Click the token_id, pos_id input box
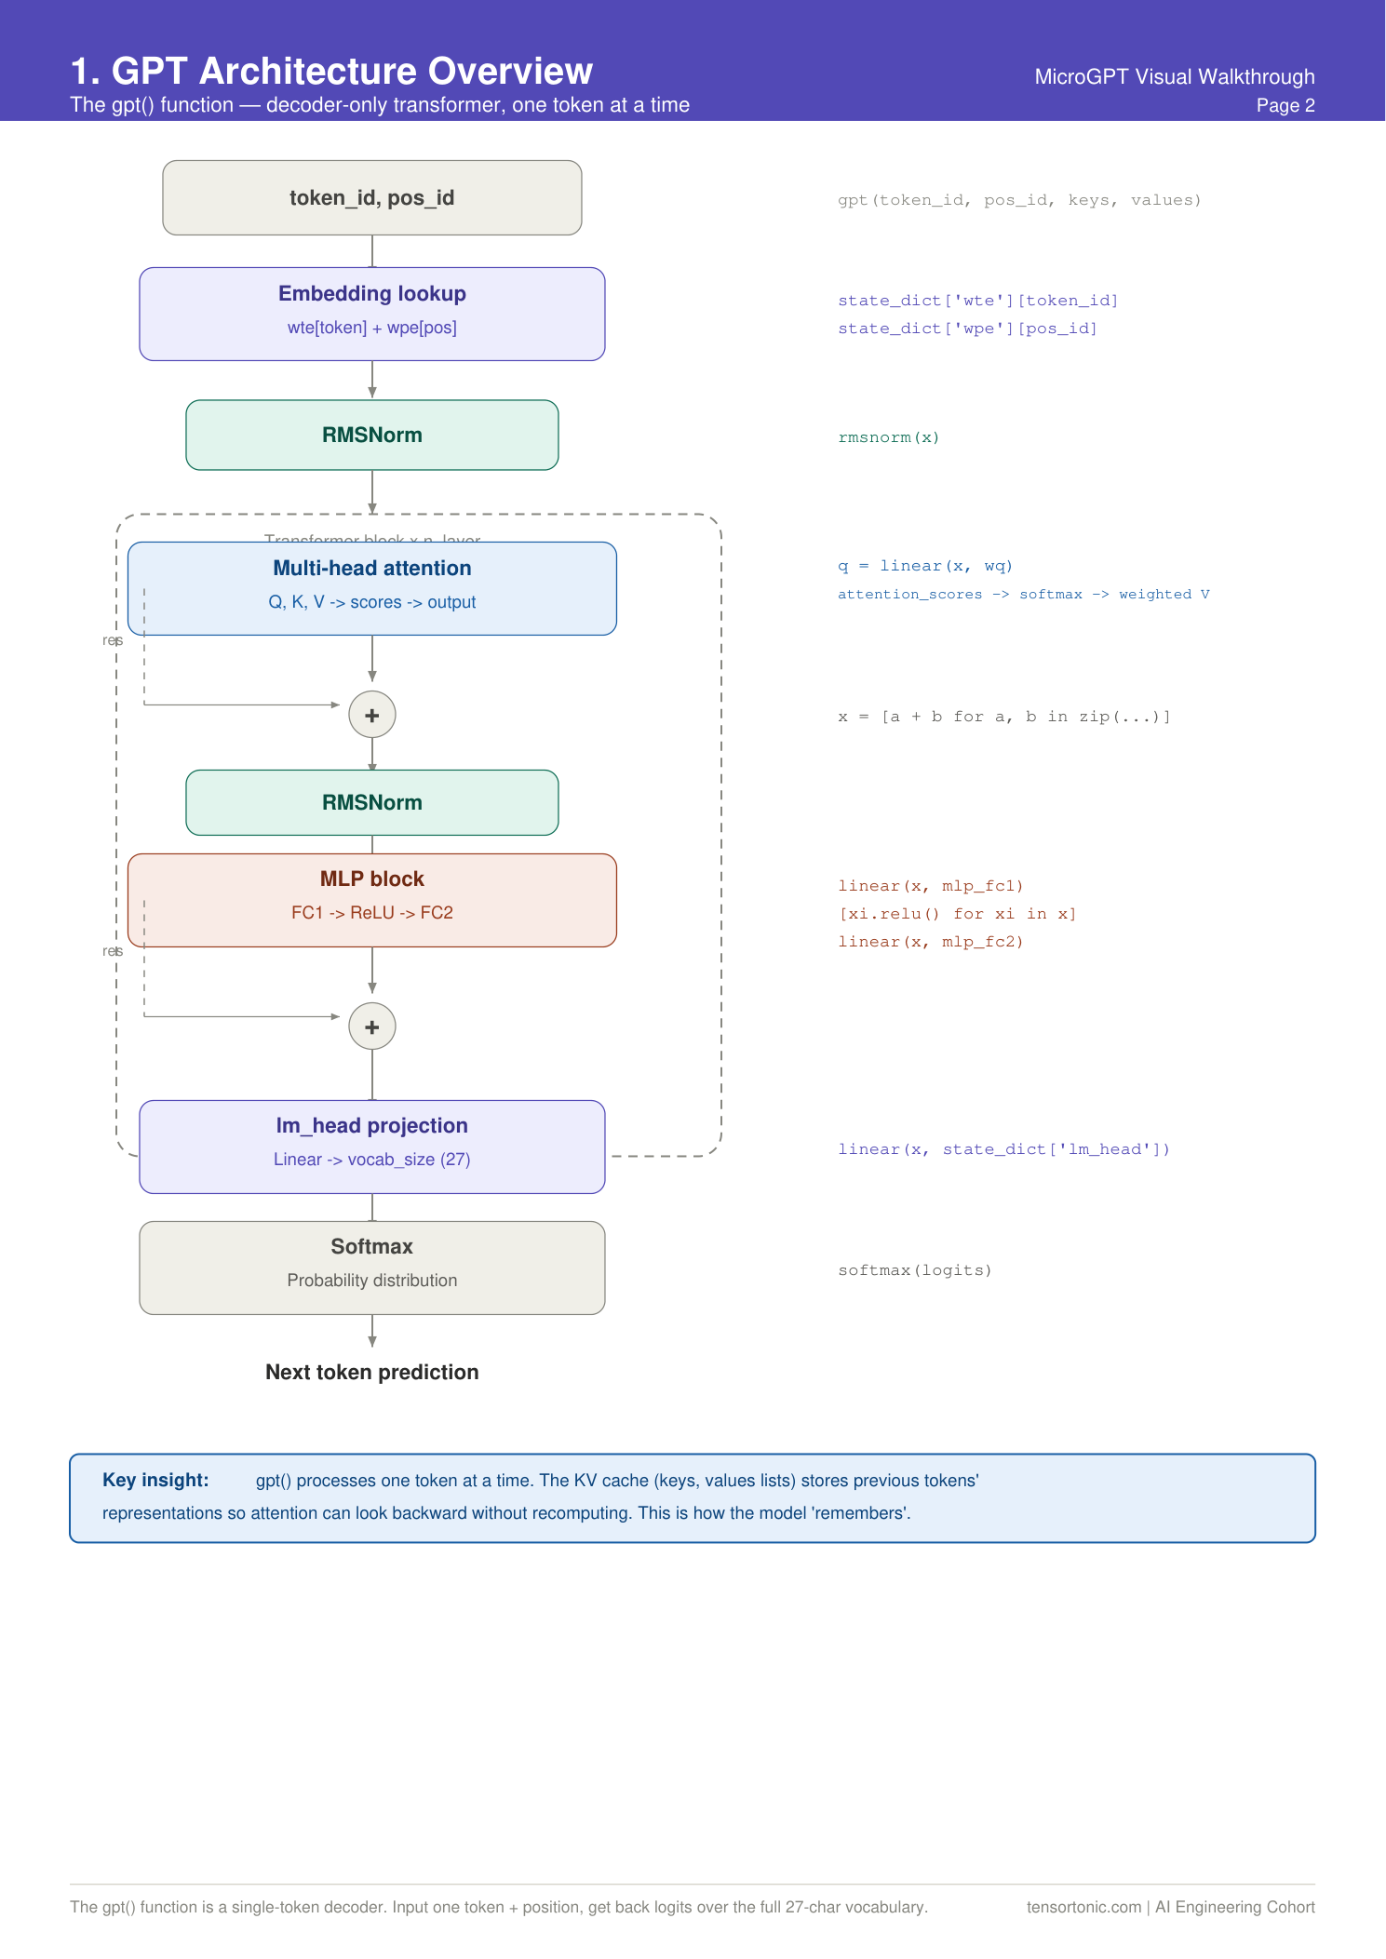(372, 197)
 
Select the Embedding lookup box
(372, 314)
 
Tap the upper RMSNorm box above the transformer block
(372, 435)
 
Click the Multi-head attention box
(372, 588)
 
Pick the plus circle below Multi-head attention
(372, 715)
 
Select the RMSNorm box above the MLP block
(372, 802)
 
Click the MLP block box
(372, 900)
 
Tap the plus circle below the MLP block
(372, 1026)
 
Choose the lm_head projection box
(372, 1147)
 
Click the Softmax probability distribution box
(372, 1268)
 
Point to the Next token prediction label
(372, 1372)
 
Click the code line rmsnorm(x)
(889, 437)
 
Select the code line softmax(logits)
(915, 1270)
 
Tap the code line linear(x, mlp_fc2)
(931, 942)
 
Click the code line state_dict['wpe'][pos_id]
(967, 329)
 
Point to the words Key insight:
(155, 1480)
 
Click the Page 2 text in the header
(1285, 105)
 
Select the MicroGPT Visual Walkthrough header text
(1175, 76)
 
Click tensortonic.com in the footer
(1083, 1907)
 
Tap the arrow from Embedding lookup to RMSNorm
(372, 380)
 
